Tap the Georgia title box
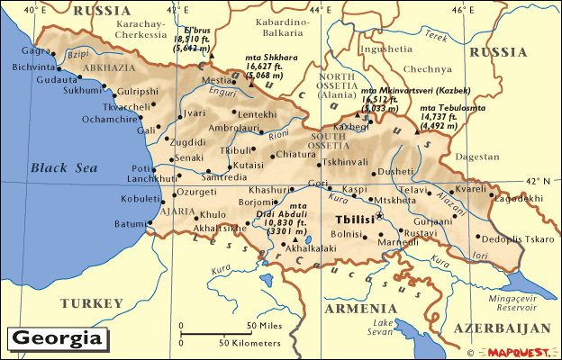pyautogui.click(x=57, y=339)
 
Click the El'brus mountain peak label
pyautogui.click(x=196, y=30)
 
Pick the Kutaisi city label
pyautogui.click(x=249, y=166)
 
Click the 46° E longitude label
pyautogui.click(x=461, y=9)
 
